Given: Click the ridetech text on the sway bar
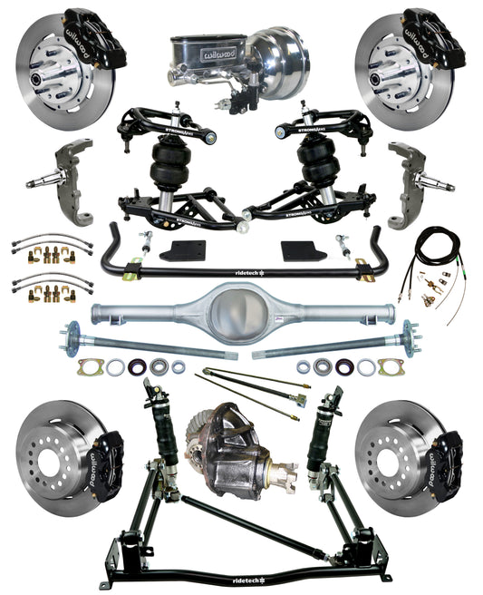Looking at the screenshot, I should coord(242,270).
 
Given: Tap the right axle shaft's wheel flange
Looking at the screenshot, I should coord(412,337).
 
